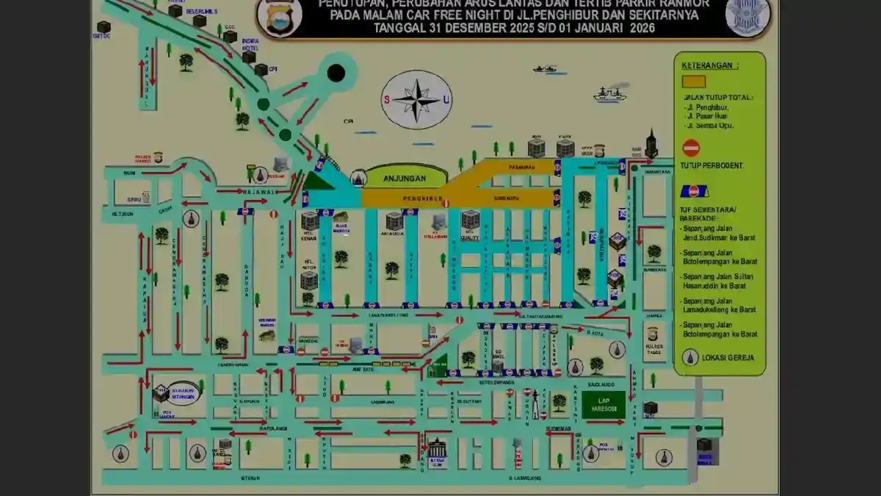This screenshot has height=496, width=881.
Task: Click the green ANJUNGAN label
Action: pos(405,178)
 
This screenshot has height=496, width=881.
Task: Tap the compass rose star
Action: pos(416,100)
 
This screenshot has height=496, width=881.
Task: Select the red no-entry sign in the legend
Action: pos(691,148)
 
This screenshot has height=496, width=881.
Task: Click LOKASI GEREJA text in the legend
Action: pos(724,359)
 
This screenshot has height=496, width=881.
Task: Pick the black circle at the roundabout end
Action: pos(336,73)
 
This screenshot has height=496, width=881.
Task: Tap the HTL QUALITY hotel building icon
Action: pos(470,219)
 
